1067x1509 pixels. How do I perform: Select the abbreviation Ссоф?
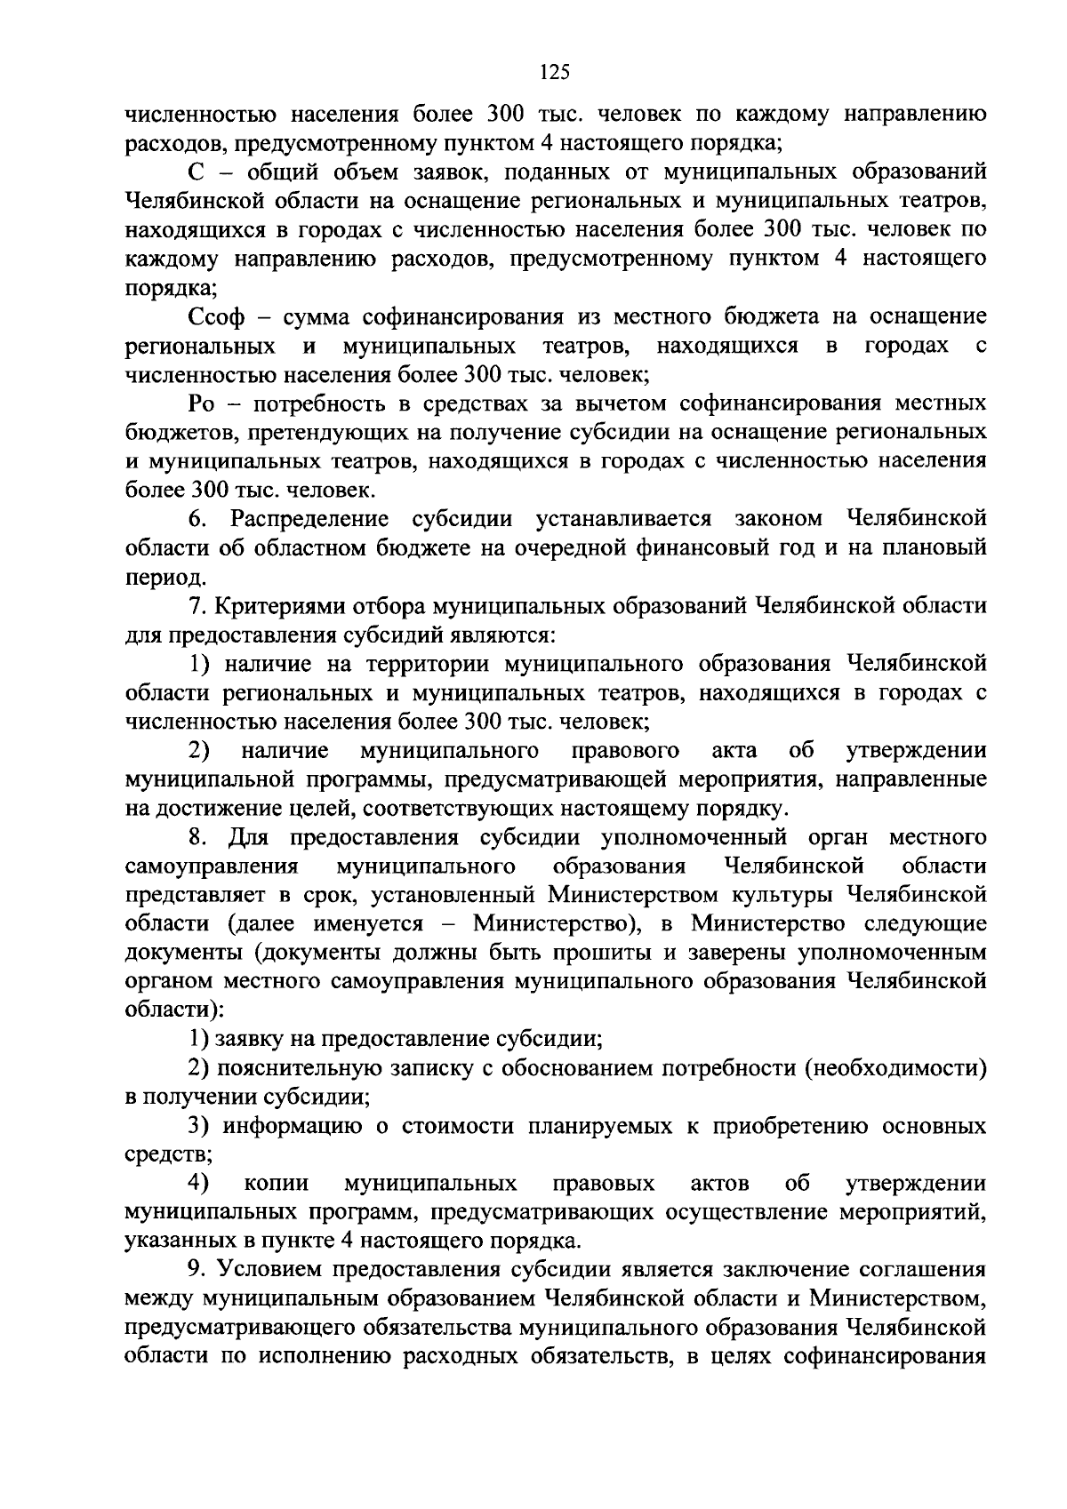coord(221,317)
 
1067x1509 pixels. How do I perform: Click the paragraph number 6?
coord(197,520)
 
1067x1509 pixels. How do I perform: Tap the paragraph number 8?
coord(197,838)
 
